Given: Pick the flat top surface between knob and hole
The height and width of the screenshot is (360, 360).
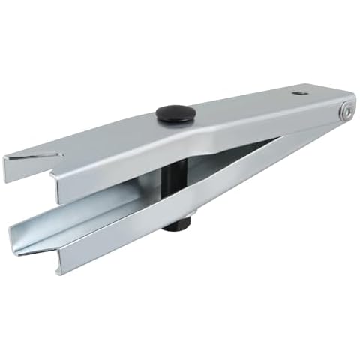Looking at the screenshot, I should tap(240, 105).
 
